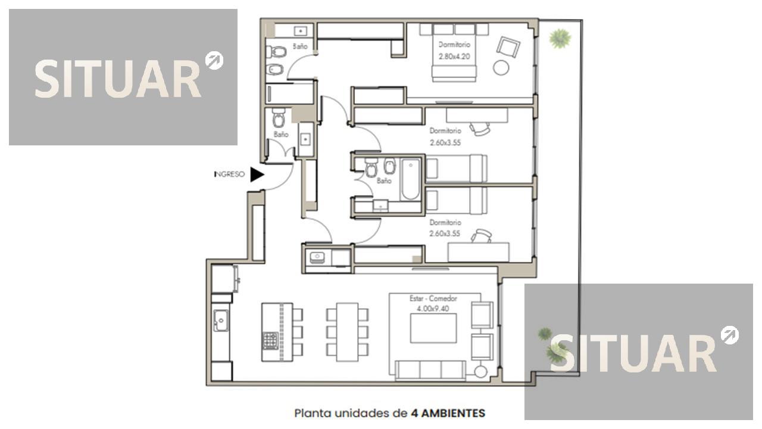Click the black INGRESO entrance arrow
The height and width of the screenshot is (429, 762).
point(257,175)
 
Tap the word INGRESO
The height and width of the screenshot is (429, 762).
point(229,175)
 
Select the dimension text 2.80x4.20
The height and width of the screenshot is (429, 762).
point(454,57)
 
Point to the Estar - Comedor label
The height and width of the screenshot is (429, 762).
point(433,299)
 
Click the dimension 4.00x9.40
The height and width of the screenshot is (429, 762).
point(433,309)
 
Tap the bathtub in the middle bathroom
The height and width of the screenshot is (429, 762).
point(411,179)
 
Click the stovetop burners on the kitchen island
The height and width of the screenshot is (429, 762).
point(270,341)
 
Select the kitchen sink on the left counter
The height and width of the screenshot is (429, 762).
point(221,321)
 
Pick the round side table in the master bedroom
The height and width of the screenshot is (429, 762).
point(501,67)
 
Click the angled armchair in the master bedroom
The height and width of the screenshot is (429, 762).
point(508,47)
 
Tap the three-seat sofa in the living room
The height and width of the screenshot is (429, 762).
point(430,370)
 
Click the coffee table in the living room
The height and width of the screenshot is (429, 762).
point(433,328)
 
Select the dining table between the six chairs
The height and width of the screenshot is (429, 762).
point(347,332)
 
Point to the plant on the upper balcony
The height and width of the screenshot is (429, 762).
point(560,39)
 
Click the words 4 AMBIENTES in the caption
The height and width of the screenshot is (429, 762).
point(448,414)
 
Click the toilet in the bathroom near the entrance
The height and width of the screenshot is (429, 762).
point(279,118)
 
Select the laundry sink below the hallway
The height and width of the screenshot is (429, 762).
point(317,257)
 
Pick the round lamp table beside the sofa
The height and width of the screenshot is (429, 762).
point(480,371)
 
